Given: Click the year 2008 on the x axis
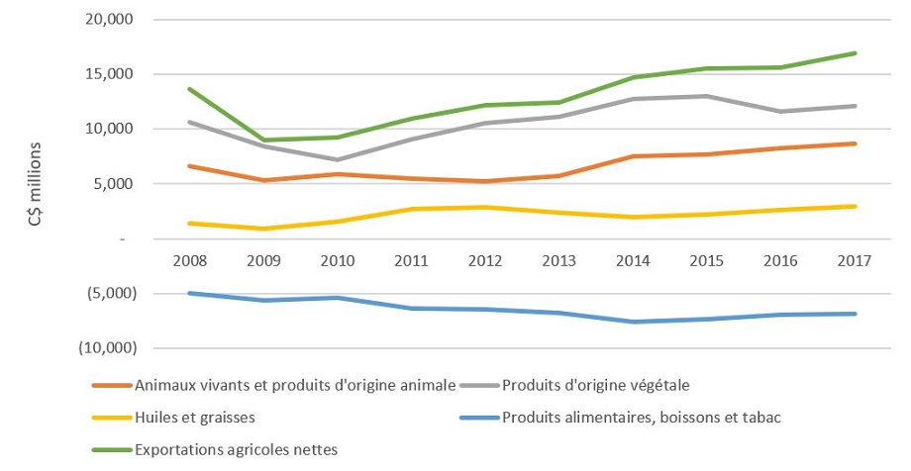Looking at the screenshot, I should click(189, 260).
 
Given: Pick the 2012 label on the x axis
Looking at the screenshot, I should click(484, 260).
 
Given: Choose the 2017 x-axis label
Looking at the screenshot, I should click(854, 260).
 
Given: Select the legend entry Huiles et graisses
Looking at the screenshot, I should click(182, 418).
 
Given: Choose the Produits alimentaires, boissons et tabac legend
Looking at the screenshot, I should click(642, 418).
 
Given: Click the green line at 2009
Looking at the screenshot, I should click(262, 140).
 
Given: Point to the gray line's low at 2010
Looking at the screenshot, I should click(337, 159).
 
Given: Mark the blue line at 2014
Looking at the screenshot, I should click(632, 322).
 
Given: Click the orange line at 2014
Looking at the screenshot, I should click(632, 156).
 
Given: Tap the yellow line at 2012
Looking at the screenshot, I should click(484, 207).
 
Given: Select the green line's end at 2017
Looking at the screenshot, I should click(854, 53).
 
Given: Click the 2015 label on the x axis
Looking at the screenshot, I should click(706, 260).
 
